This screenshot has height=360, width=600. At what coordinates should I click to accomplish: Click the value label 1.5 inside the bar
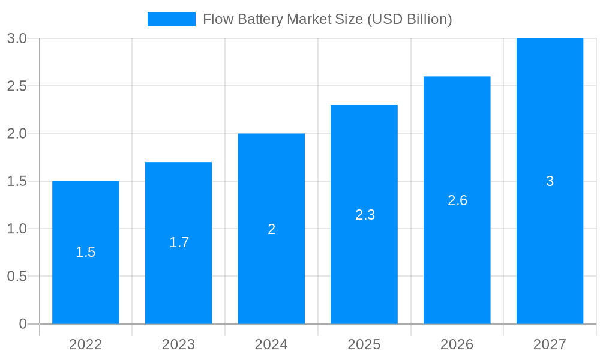86,252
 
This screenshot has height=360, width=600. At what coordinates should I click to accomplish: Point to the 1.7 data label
179,242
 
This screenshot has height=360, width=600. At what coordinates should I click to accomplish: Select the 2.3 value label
365,215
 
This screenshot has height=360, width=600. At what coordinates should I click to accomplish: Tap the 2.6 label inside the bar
457,200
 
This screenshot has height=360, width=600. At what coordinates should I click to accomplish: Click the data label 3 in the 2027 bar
550,181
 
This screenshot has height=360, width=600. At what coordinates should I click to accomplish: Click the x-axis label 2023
179,344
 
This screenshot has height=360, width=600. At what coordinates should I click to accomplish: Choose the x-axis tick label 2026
457,344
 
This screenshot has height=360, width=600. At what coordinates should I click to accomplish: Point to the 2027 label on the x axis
550,344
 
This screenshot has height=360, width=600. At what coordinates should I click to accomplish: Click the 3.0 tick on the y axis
17,38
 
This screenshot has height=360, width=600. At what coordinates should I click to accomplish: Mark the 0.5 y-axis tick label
17,276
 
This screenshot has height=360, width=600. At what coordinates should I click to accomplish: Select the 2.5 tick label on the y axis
17,86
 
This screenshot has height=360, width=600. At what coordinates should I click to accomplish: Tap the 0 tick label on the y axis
23,324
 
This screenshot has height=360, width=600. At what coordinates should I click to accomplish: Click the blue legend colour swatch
172,19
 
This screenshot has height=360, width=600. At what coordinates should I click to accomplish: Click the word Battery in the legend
262,19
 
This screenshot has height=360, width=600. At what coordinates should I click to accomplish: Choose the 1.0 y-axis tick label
17,229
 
